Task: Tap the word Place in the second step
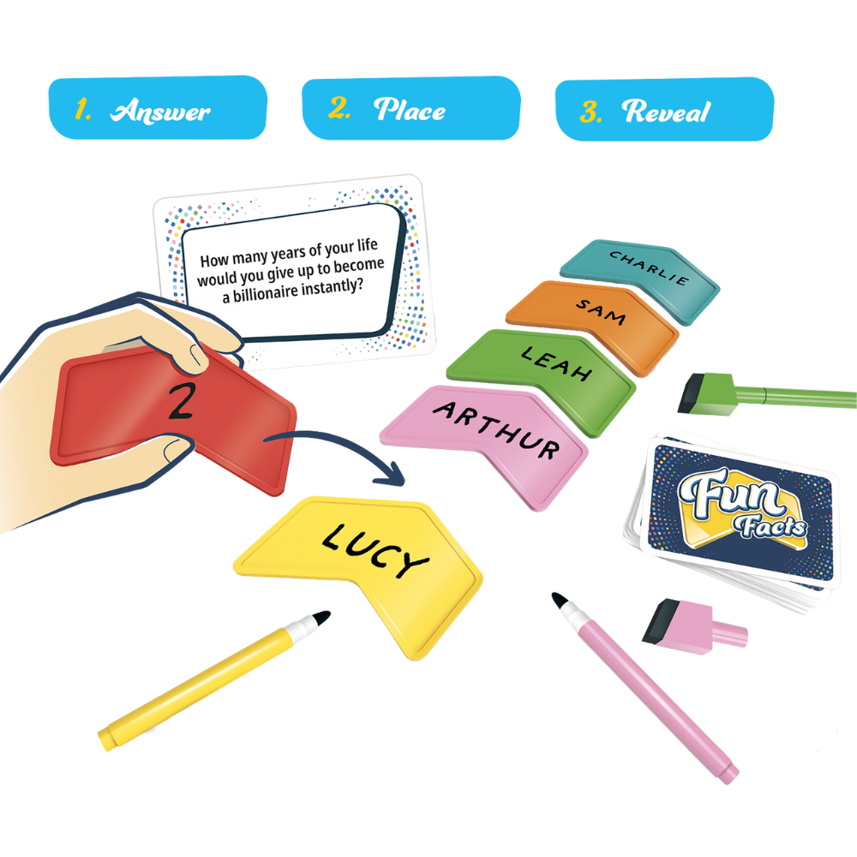coord(410,110)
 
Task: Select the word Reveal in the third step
coord(666,111)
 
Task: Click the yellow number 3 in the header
coord(589,111)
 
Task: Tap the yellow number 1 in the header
coord(82,110)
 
